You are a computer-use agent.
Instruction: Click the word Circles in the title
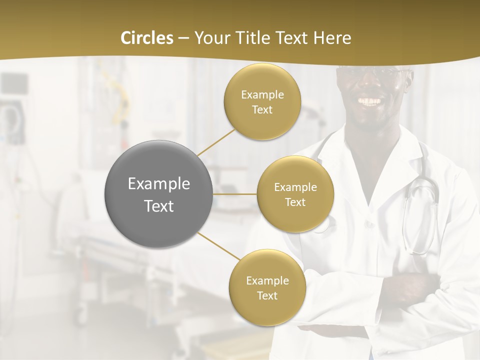[147, 38]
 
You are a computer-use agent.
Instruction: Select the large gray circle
[158, 194]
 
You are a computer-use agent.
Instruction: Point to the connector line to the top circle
[216, 142]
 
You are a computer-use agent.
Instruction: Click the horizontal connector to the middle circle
[235, 194]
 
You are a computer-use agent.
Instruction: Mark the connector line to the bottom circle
[218, 246]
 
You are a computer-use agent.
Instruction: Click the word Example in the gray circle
[159, 184]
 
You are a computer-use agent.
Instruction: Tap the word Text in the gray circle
[159, 206]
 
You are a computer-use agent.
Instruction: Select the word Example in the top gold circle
[262, 95]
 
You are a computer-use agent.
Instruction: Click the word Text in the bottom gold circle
[267, 296]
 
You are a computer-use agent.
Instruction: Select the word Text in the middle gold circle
[295, 202]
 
